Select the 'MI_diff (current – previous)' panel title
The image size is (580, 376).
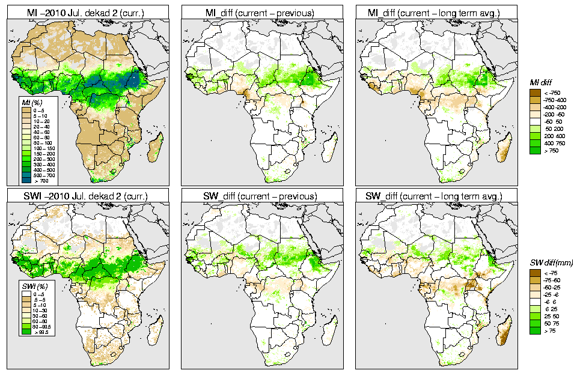coord(261,11)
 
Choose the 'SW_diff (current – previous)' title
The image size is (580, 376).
coord(261,196)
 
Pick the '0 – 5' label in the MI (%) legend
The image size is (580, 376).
coord(39,111)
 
